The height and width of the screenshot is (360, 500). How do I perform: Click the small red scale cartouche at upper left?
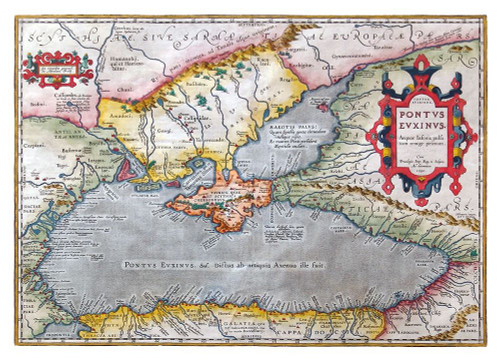tap(55, 67)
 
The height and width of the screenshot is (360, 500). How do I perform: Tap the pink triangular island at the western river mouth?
tap(128, 170)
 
